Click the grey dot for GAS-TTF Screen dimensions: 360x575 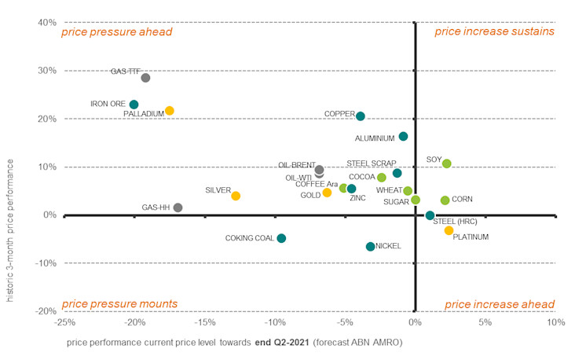tap(145, 78)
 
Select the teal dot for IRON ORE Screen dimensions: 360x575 tap(134, 105)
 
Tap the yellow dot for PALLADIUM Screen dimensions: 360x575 tap(170, 111)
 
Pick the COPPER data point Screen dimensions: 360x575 tap(361, 116)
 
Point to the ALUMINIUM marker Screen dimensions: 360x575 tap(403, 136)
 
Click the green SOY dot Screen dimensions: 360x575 tap(447, 163)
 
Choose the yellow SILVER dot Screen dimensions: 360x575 tap(236, 196)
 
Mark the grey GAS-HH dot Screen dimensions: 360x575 tap(178, 208)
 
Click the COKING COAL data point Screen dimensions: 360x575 tap(281, 238)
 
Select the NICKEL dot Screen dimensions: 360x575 tap(371, 247)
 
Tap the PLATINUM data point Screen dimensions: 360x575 tap(449, 230)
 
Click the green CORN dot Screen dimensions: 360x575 tap(445, 200)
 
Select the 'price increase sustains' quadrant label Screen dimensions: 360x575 tap(494, 31)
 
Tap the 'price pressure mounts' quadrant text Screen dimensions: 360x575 tap(119, 304)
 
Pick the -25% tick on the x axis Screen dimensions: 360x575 tap(64, 322)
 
